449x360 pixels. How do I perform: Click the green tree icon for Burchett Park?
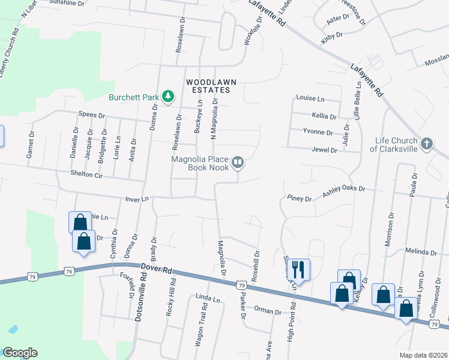pos(169,96)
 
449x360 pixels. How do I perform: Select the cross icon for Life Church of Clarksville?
pos(426,144)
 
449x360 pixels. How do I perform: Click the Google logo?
pos(19,353)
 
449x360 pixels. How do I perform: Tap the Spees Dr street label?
pos(92,115)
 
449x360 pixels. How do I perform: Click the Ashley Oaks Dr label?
pos(344,189)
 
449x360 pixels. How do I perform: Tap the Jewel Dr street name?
pos(324,150)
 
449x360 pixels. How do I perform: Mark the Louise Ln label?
pos(310,98)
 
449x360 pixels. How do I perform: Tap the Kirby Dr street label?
pos(331,36)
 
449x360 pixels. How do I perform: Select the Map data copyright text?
pos(424,355)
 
